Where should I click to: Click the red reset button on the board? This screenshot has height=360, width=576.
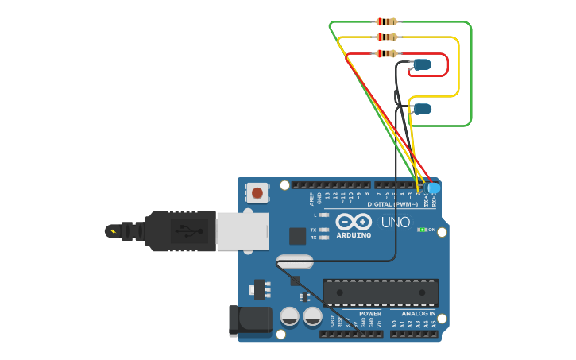[x=257, y=193]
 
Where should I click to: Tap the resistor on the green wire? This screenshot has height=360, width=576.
[x=386, y=21]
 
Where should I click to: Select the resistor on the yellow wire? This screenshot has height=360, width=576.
[x=386, y=37]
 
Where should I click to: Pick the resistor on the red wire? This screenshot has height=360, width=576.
[x=386, y=53]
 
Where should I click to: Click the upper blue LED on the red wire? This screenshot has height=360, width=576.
[x=422, y=64]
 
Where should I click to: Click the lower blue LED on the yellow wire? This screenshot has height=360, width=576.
[x=422, y=108]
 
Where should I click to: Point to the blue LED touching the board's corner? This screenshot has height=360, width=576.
[x=433, y=188]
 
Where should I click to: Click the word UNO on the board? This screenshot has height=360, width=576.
[x=396, y=222]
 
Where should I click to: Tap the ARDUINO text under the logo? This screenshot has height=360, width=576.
[x=353, y=235]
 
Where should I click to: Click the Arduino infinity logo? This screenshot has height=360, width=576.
[x=353, y=222]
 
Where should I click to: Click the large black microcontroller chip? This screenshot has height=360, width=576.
[x=380, y=292]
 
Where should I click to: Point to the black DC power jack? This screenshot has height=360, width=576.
[x=248, y=319]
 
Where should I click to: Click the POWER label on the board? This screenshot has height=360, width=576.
[x=369, y=314]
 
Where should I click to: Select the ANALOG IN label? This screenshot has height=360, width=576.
[x=418, y=314]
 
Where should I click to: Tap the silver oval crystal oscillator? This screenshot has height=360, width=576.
[x=295, y=261]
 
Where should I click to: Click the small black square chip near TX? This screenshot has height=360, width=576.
[x=297, y=235]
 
